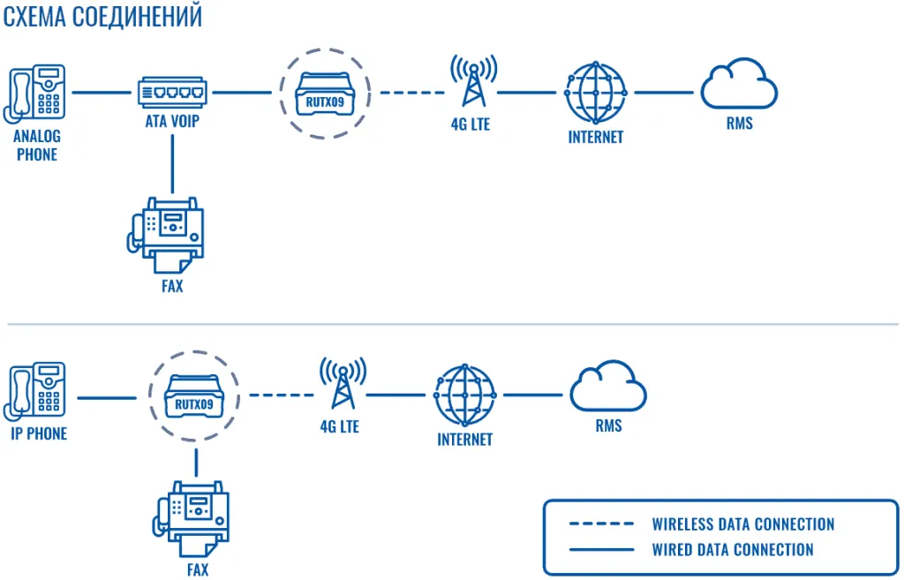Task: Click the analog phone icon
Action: [x=36, y=92]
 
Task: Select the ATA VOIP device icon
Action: [x=172, y=92]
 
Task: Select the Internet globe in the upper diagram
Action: [x=596, y=92]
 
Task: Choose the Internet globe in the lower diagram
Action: [x=465, y=395]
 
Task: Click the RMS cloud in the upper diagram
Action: [x=739, y=85]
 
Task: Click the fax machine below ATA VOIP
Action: [x=172, y=234]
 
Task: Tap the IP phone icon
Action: [x=36, y=390]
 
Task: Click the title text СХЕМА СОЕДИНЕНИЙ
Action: [x=102, y=18]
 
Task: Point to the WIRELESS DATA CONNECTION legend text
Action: [x=742, y=524]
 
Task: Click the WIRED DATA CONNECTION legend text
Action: [x=732, y=550]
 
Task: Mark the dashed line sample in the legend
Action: [x=601, y=524]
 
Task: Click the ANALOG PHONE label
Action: [x=36, y=146]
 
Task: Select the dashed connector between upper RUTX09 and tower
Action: [x=411, y=92]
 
